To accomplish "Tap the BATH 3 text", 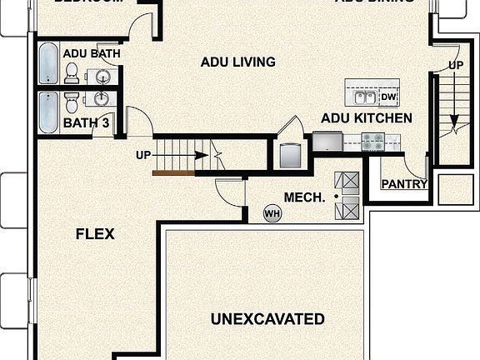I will (87, 123).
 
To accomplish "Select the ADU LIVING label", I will (237, 62).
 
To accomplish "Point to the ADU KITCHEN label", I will (366, 118).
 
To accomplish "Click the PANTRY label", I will (403, 184).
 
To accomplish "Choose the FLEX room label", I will (94, 233).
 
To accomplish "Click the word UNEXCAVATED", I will (267, 319).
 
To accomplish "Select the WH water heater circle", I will (272, 213).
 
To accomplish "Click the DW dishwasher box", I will (387, 97).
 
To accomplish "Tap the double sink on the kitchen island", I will (363, 97).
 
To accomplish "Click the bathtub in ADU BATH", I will (47, 64).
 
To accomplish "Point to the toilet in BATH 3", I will (71, 103).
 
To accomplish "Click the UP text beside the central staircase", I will (143, 154).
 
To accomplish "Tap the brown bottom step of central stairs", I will (172, 173).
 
